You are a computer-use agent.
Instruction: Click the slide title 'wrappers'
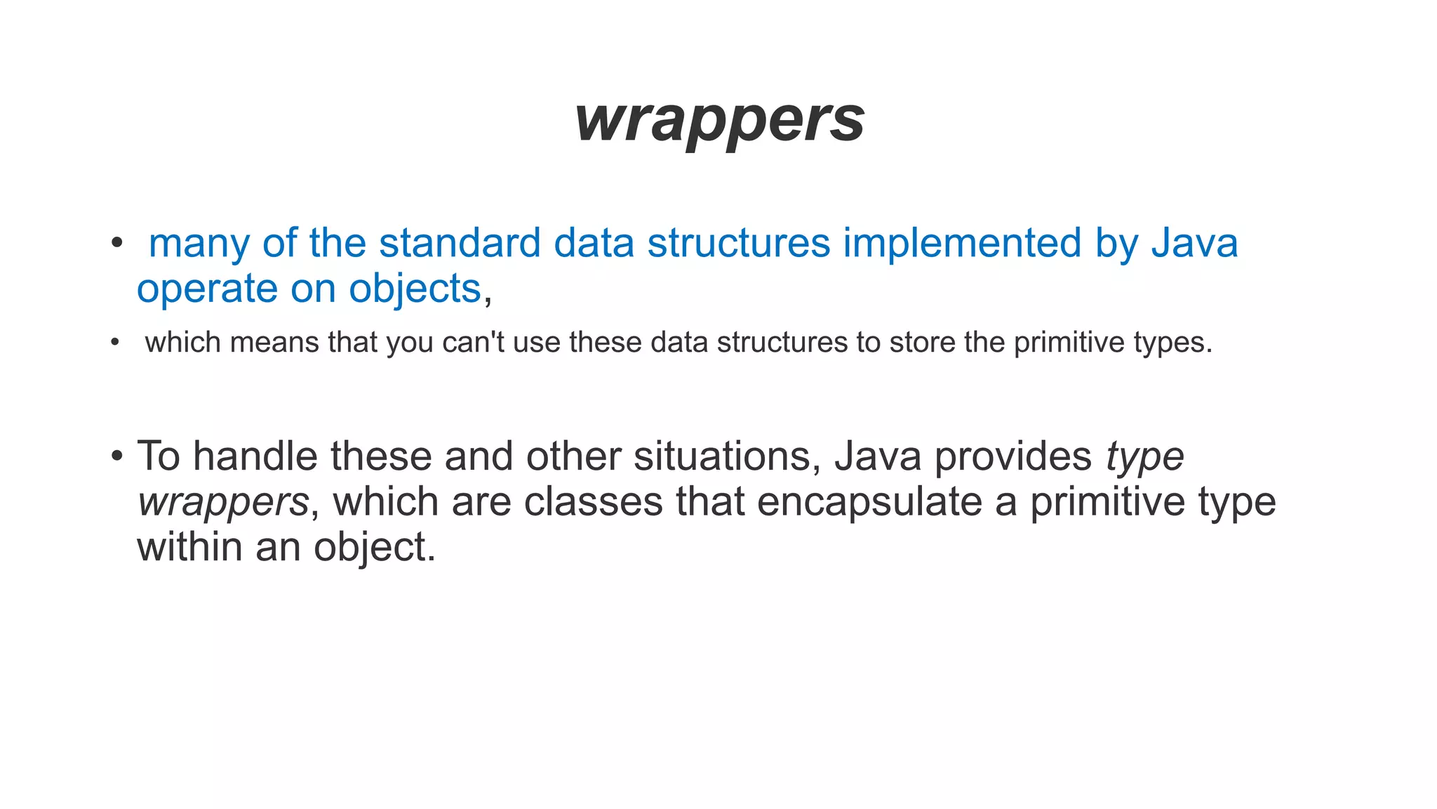[x=720, y=119]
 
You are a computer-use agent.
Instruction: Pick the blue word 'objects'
[x=415, y=289]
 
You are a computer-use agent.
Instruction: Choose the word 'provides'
[x=1012, y=456]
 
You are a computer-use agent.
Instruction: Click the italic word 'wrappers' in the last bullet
[x=223, y=502]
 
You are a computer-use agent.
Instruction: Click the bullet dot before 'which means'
[x=115, y=343]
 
